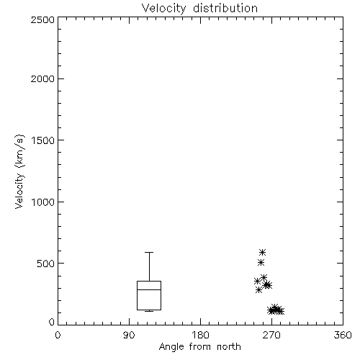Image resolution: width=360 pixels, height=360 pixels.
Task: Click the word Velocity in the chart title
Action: tap(163, 9)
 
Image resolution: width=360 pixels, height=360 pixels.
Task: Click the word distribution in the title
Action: tap(225, 8)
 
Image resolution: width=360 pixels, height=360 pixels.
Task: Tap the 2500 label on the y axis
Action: tap(42, 19)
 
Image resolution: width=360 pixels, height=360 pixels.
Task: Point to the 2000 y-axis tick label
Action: tap(42, 78)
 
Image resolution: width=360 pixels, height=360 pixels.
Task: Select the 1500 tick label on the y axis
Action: tap(43, 140)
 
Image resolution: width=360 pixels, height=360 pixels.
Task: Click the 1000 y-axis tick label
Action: tap(43, 202)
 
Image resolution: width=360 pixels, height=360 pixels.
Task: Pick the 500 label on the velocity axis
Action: tap(46, 264)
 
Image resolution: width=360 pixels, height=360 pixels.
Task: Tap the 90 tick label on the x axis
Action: tap(129, 335)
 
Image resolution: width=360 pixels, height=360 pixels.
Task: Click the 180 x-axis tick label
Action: tap(200, 335)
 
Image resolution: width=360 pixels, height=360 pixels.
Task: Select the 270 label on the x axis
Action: tap(271, 335)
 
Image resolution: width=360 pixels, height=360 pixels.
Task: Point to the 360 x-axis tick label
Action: tap(343, 335)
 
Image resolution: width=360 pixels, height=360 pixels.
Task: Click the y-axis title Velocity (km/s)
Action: tap(19, 171)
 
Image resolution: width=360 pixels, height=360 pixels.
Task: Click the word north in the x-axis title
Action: tap(229, 347)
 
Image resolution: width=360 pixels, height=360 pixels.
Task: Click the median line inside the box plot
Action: tap(149, 289)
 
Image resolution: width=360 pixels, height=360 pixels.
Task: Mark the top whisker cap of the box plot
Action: tap(149, 252)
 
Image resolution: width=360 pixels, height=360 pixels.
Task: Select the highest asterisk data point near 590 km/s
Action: tap(262, 252)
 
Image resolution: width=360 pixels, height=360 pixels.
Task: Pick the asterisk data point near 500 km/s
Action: tap(261, 263)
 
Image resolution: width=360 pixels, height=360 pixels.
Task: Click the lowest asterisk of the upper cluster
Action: tap(258, 290)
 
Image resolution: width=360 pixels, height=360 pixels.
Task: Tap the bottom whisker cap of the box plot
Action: tap(149, 311)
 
